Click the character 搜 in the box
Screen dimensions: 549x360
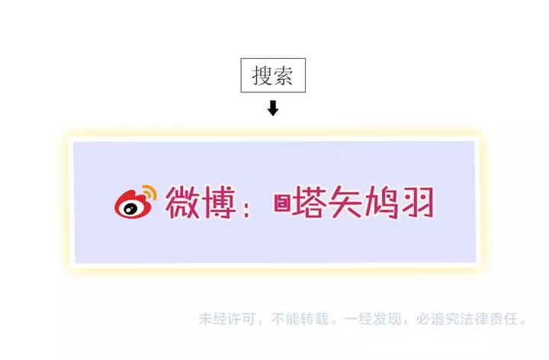coord(262,76)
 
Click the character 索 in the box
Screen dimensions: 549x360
coord(283,76)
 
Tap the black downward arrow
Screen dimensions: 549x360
coord(273,108)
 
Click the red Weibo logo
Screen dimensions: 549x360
coord(135,202)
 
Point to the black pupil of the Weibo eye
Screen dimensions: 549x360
coord(129,209)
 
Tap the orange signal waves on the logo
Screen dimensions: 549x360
coord(150,192)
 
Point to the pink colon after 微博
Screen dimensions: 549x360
coord(246,207)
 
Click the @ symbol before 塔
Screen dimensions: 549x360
coord(282,203)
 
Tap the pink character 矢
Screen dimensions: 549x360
coord(345,202)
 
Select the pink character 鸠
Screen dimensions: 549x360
coord(381,202)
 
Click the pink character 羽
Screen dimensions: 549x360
coord(417,202)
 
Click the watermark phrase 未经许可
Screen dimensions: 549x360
coord(227,319)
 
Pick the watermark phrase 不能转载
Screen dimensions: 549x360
coord(300,319)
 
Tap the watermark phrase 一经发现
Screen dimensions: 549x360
coord(372,319)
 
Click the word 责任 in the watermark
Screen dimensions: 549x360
coord(503,319)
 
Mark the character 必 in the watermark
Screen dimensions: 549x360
coord(423,319)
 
